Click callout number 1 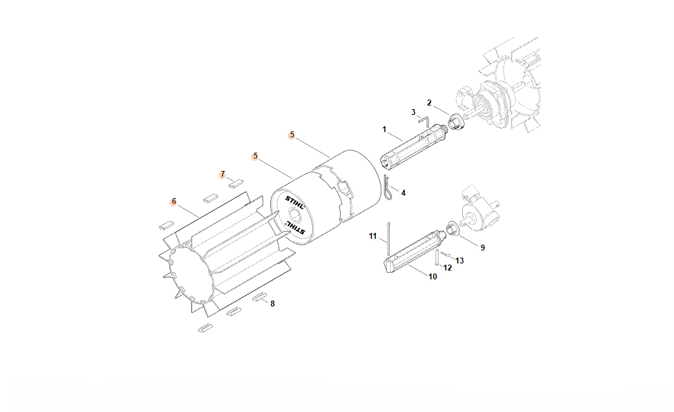coord(384,129)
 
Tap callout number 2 coord(429,103)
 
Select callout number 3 coord(413,112)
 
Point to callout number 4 coord(403,193)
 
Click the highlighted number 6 coord(174,201)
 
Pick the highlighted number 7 coord(223,174)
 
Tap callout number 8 coord(273,304)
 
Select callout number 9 coord(483,248)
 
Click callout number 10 coord(433,277)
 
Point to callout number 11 coord(372,236)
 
